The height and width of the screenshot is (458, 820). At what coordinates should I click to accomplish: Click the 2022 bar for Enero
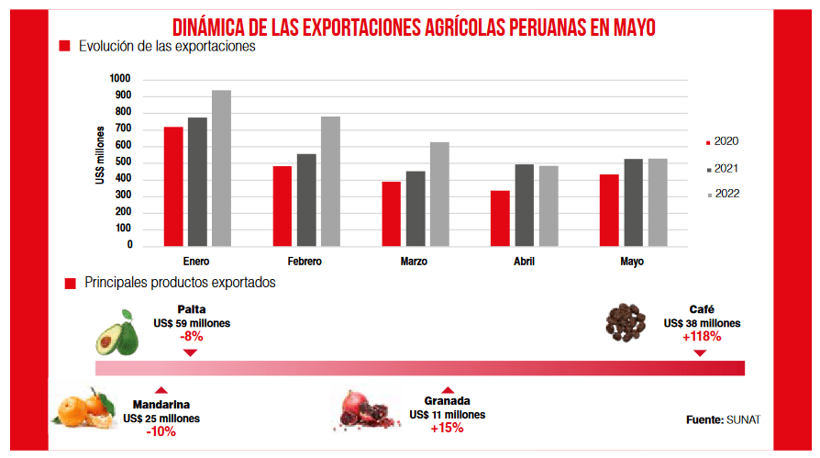[x=221, y=168]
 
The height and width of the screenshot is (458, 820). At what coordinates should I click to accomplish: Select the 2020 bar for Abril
[x=500, y=218]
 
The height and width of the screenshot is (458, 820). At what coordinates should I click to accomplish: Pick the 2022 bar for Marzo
[x=439, y=194]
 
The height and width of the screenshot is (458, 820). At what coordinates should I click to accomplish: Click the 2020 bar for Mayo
[x=609, y=209]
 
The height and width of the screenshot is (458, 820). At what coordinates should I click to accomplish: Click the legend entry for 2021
[x=724, y=169]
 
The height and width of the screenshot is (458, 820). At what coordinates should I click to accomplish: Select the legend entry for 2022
[x=724, y=194]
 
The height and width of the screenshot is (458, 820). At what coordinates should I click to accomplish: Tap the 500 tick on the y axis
[x=123, y=162]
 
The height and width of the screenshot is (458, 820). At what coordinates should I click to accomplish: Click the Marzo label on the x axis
[x=414, y=262]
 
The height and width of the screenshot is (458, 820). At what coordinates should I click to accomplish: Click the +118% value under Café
[x=702, y=337]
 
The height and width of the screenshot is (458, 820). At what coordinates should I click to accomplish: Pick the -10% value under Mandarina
[x=161, y=431]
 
